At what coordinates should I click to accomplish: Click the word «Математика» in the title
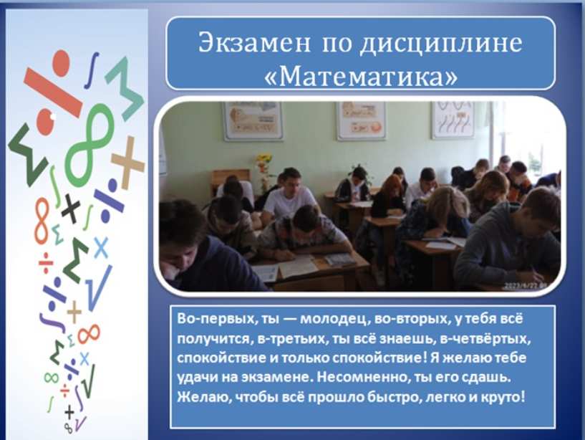360,77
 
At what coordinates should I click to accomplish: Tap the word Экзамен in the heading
254,42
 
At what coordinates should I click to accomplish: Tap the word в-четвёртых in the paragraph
485,338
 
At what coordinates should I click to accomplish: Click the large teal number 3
125,88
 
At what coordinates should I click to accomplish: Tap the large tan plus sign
127,163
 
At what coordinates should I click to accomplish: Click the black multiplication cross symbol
71,209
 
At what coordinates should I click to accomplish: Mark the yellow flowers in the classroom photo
264,163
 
